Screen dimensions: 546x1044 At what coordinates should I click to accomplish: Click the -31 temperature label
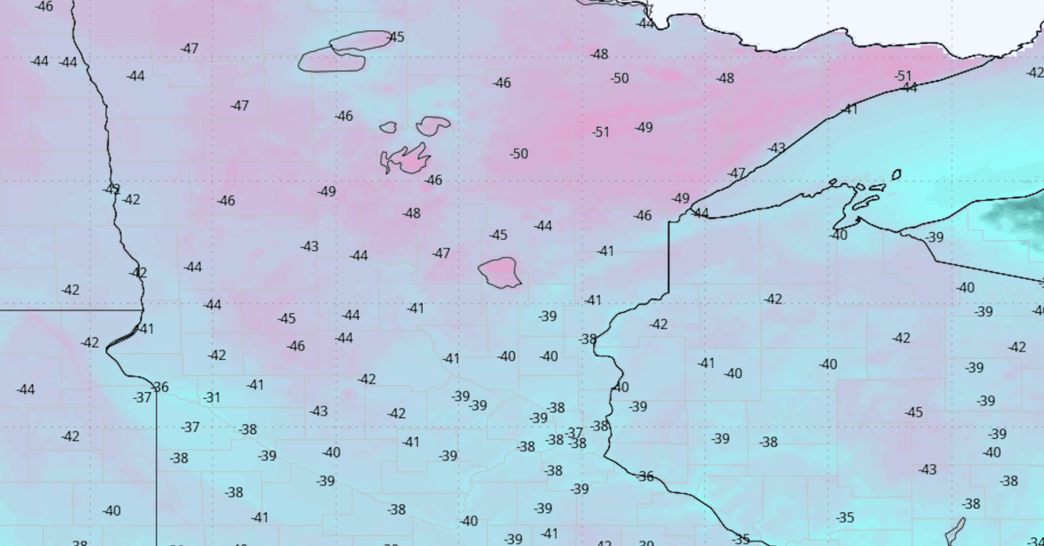tap(211, 397)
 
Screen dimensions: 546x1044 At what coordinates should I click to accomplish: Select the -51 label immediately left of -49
tap(600, 132)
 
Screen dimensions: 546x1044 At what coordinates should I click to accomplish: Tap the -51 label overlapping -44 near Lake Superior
tap(903, 77)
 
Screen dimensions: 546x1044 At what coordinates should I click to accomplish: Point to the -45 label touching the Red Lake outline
tap(396, 37)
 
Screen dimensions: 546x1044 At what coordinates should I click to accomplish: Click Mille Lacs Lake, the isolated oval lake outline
tap(500, 272)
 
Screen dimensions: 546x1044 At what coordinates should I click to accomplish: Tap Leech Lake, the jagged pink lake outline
tap(406, 159)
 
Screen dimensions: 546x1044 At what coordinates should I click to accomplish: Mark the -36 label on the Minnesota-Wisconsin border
tap(645, 476)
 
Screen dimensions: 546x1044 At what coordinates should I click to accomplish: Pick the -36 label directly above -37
tap(159, 387)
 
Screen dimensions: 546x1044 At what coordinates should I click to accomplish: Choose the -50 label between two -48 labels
tap(619, 78)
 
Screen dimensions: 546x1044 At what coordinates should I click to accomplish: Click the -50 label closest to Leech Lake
tap(519, 154)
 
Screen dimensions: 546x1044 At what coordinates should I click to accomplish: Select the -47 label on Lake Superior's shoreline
tap(737, 174)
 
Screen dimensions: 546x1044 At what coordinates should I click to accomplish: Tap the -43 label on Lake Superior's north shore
tap(776, 149)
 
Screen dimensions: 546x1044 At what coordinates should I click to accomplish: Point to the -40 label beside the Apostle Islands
tap(838, 235)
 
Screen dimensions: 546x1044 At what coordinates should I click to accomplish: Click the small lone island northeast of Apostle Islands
tap(896, 175)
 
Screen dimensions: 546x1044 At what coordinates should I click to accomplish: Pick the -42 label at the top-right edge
tap(1034, 72)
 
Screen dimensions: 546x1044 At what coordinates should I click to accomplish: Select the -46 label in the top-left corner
tap(43, 6)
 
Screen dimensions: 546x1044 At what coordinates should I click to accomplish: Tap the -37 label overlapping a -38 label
tap(573, 433)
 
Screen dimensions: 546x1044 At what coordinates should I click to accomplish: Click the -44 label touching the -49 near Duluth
tap(700, 213)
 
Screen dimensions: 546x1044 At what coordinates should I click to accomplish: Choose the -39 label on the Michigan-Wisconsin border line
tap(934, 237)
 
